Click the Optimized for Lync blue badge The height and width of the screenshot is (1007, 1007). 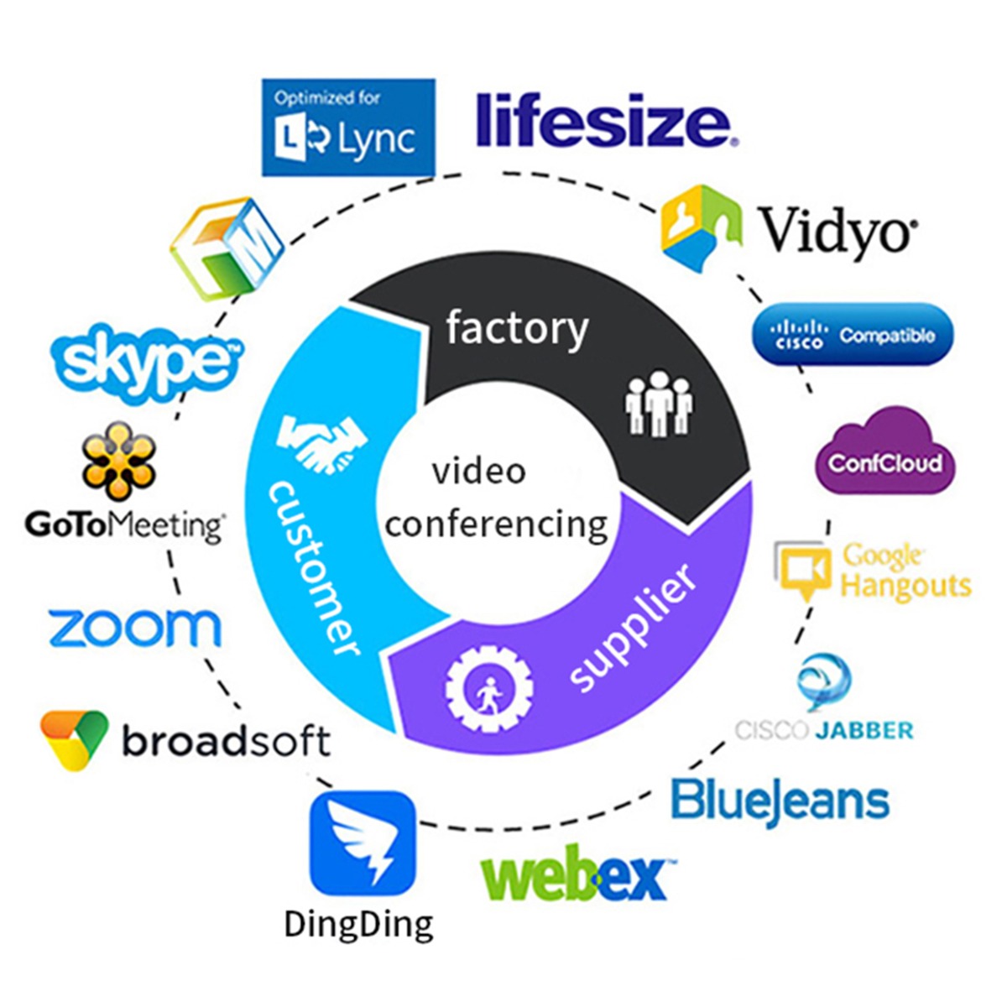coord(348,128)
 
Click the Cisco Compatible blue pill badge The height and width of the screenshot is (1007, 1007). coord(853,334)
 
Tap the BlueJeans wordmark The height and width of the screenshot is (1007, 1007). coord(780,801)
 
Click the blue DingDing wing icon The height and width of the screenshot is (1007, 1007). coord(363,843)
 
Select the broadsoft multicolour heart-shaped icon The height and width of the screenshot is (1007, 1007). coord(74,739)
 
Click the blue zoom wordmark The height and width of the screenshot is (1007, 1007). coord(134,628)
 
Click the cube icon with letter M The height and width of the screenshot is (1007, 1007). coord(224,248)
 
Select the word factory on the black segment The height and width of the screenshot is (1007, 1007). coord(517,327)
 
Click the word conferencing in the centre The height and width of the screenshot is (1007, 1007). coord(496,525)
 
